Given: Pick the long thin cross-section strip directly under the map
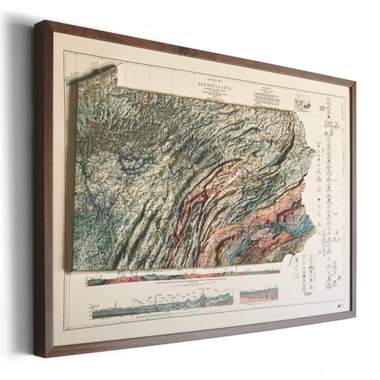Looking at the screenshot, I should click(x=182, y=278).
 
